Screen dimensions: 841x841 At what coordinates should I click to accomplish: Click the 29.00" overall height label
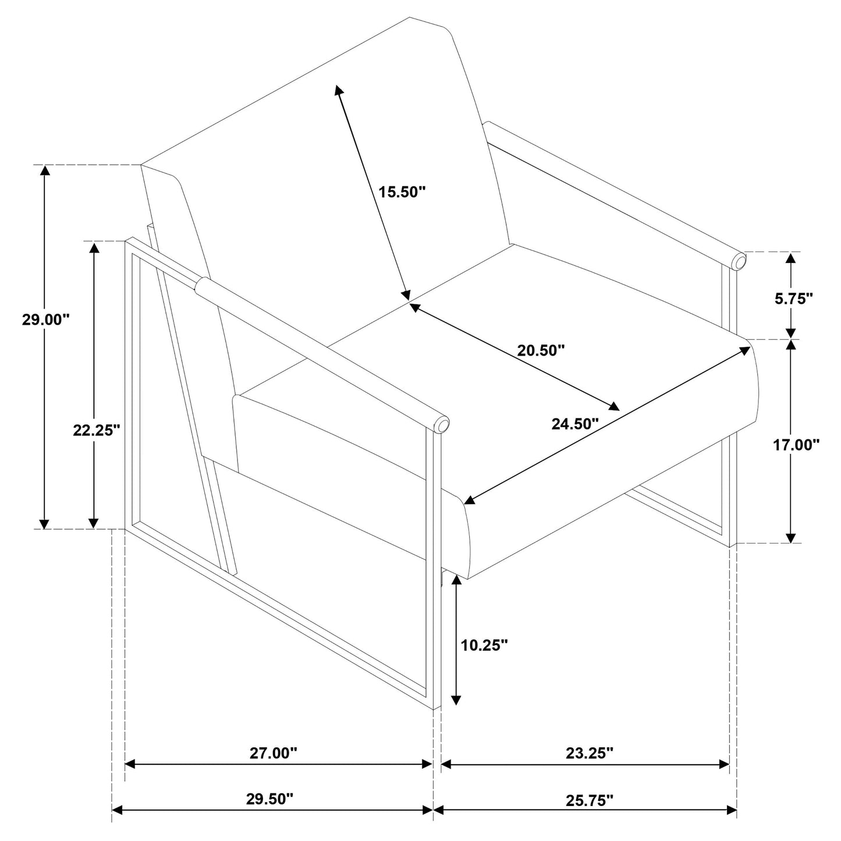(x=46, y=320)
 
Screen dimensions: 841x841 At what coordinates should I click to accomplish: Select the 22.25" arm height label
(x=97, y=430)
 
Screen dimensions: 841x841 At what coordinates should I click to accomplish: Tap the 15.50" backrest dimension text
(x=402, y=191)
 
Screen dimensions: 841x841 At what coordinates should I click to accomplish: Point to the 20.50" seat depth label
(x=541, y=350)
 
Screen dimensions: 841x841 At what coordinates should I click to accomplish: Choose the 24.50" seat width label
(x=575, y=423)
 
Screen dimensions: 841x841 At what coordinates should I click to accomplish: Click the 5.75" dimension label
(x=794, y=299)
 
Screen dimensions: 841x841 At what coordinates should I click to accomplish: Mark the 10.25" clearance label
(x=484, y=644)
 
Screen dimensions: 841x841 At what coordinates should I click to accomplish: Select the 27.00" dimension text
(x=273, y=753)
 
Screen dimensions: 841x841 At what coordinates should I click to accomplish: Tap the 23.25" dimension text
(x=590, y=753)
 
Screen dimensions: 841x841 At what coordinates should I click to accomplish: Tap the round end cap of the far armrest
(x=739, y=261)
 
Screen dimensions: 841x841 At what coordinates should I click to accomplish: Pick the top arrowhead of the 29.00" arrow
(x=44, y=171)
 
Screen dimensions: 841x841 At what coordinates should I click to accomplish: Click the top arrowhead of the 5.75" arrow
(x=790, y=258)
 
